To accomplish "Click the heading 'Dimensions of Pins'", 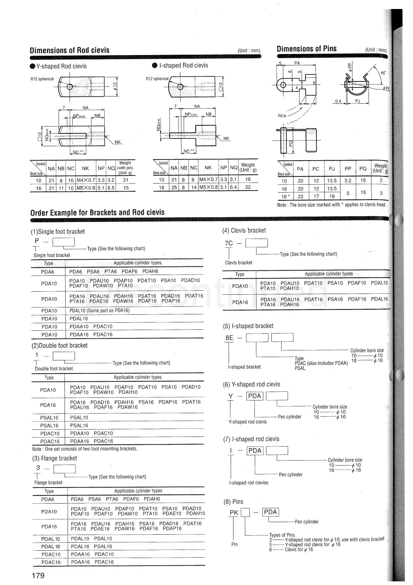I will (x=306, y=49).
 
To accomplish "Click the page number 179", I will (x=38, y=575).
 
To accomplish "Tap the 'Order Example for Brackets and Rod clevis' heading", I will (x=97, y=213).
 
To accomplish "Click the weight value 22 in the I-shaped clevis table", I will (x=248, y=187).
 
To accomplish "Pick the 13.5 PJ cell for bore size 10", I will (x=332, y=181).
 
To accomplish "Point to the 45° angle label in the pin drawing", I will (x=383, y=73).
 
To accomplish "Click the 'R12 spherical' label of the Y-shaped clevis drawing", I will (x=42, y=79).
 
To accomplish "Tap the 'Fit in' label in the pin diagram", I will (x=282, y=116).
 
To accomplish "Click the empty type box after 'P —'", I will (x=64, y=242).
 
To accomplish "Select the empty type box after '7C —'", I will (x=256, y=243).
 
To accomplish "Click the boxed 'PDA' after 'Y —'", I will (x=255, y=396).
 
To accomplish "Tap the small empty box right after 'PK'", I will (x=245, y=512).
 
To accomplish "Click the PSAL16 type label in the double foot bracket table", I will (x=49, y=425).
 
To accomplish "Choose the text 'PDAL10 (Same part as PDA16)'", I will (x=99, y=310).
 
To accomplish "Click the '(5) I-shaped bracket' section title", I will (x=248, y=326).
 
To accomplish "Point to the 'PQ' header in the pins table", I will (x=363, y=169).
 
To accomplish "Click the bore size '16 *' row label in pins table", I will (x=284, y=197).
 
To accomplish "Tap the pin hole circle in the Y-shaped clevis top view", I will (x=70, y=87).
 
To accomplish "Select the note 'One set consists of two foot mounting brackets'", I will (x=85, y=449).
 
